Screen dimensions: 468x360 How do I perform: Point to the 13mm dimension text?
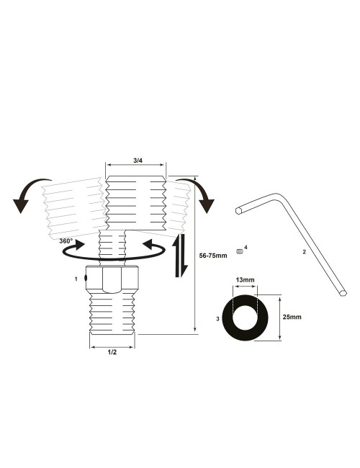[245, 279]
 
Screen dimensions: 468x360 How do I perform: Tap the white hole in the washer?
[245, 316]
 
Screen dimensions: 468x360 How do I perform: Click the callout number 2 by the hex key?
[305, 251]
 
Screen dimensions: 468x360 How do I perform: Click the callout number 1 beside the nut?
[76, 277]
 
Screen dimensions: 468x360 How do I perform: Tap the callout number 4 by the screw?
[246, 247]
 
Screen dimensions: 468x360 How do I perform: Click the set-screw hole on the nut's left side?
[86, 277]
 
